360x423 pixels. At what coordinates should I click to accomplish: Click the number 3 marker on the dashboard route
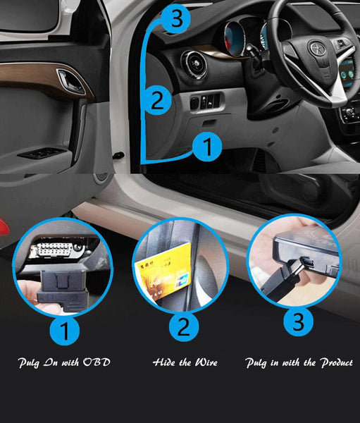[x=176, y=18]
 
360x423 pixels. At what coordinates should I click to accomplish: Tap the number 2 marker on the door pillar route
[x=157, y=100]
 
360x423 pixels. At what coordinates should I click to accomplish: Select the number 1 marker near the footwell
[x=207, y=147]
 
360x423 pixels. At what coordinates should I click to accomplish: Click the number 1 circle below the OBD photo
[x=65, y=331]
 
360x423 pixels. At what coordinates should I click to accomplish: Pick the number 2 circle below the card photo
[x=184, y=326]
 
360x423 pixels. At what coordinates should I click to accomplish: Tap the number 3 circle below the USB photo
[x=298, y=321]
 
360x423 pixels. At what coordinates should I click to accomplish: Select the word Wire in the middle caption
[x=206, y=362]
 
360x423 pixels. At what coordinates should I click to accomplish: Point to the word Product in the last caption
[x=337, y=363]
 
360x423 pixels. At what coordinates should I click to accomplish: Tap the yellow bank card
[x=163, y=271]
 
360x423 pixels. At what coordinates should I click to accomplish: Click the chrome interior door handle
[x=70, y=81]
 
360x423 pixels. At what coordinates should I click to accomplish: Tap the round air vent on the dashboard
[x=194, y=64]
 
